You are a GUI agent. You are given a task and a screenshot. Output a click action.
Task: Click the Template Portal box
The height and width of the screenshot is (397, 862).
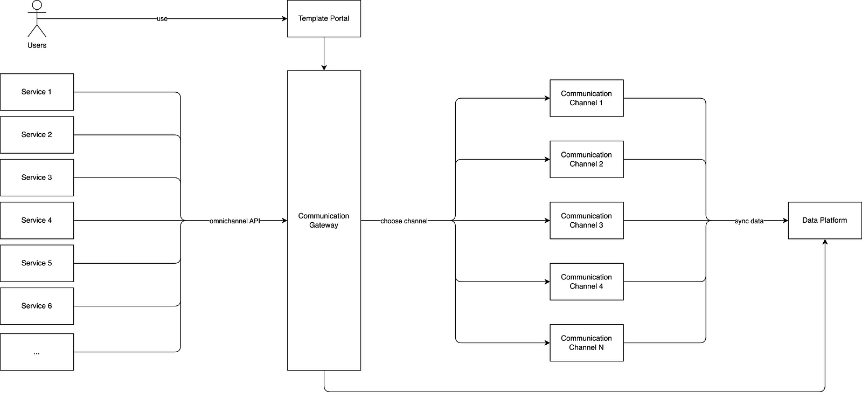tap(324, 19)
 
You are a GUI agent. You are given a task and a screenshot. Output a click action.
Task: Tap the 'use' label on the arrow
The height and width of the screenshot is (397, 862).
tap(162, 19)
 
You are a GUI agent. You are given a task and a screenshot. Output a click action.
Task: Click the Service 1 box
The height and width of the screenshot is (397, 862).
tap(37, 92)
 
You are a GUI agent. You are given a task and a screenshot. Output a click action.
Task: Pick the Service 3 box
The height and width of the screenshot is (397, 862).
tap(37, 177)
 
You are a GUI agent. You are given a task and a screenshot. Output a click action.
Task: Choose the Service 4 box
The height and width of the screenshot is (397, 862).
tap(37, 221)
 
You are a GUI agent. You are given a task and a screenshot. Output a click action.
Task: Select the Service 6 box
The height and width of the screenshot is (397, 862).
tap(37, 306)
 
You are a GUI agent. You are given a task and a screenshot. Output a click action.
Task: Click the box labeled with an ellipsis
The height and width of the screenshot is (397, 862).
tap(37, 352)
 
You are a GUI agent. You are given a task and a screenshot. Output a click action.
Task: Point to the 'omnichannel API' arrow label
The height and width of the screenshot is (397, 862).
tap(234, 221)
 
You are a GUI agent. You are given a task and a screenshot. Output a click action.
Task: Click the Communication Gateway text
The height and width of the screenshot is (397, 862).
tap(324, 221)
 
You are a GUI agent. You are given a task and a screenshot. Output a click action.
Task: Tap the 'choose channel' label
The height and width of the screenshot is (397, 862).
tap(404, 221)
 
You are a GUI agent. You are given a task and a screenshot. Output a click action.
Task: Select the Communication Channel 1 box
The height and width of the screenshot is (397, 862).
tap(586, 98)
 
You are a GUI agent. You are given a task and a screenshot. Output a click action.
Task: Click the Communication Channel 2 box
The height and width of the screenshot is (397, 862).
tap(586, 159)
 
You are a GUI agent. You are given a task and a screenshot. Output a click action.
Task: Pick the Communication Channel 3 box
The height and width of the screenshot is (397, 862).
tap(586, 221)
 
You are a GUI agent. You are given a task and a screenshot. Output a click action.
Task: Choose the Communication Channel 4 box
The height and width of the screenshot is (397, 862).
tap(586, 282)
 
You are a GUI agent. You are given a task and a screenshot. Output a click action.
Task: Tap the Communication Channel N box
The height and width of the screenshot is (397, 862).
tap(586, 343)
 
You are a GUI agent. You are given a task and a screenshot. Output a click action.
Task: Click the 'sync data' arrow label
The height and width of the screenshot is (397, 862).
tap(749, 221)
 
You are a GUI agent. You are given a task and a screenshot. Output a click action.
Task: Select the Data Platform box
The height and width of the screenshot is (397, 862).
tap(824, 221)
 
